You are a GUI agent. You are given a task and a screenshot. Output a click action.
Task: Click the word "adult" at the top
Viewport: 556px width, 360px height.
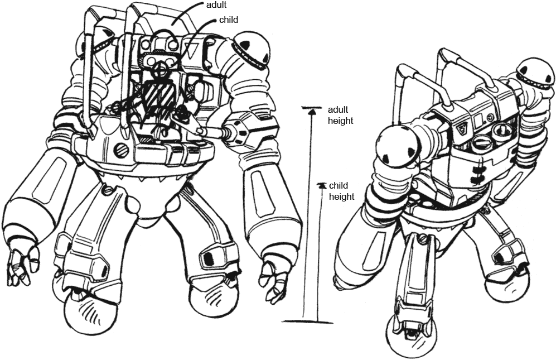coord(216,5)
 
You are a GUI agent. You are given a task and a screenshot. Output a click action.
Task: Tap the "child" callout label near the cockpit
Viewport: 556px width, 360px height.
coord(229,20)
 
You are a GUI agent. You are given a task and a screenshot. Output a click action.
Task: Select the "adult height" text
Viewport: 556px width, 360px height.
coord(340,115)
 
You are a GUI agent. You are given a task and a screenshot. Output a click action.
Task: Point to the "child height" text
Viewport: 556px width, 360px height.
coord(341,191)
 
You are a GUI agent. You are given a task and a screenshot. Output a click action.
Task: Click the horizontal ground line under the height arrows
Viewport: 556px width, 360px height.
coord(307,321)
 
